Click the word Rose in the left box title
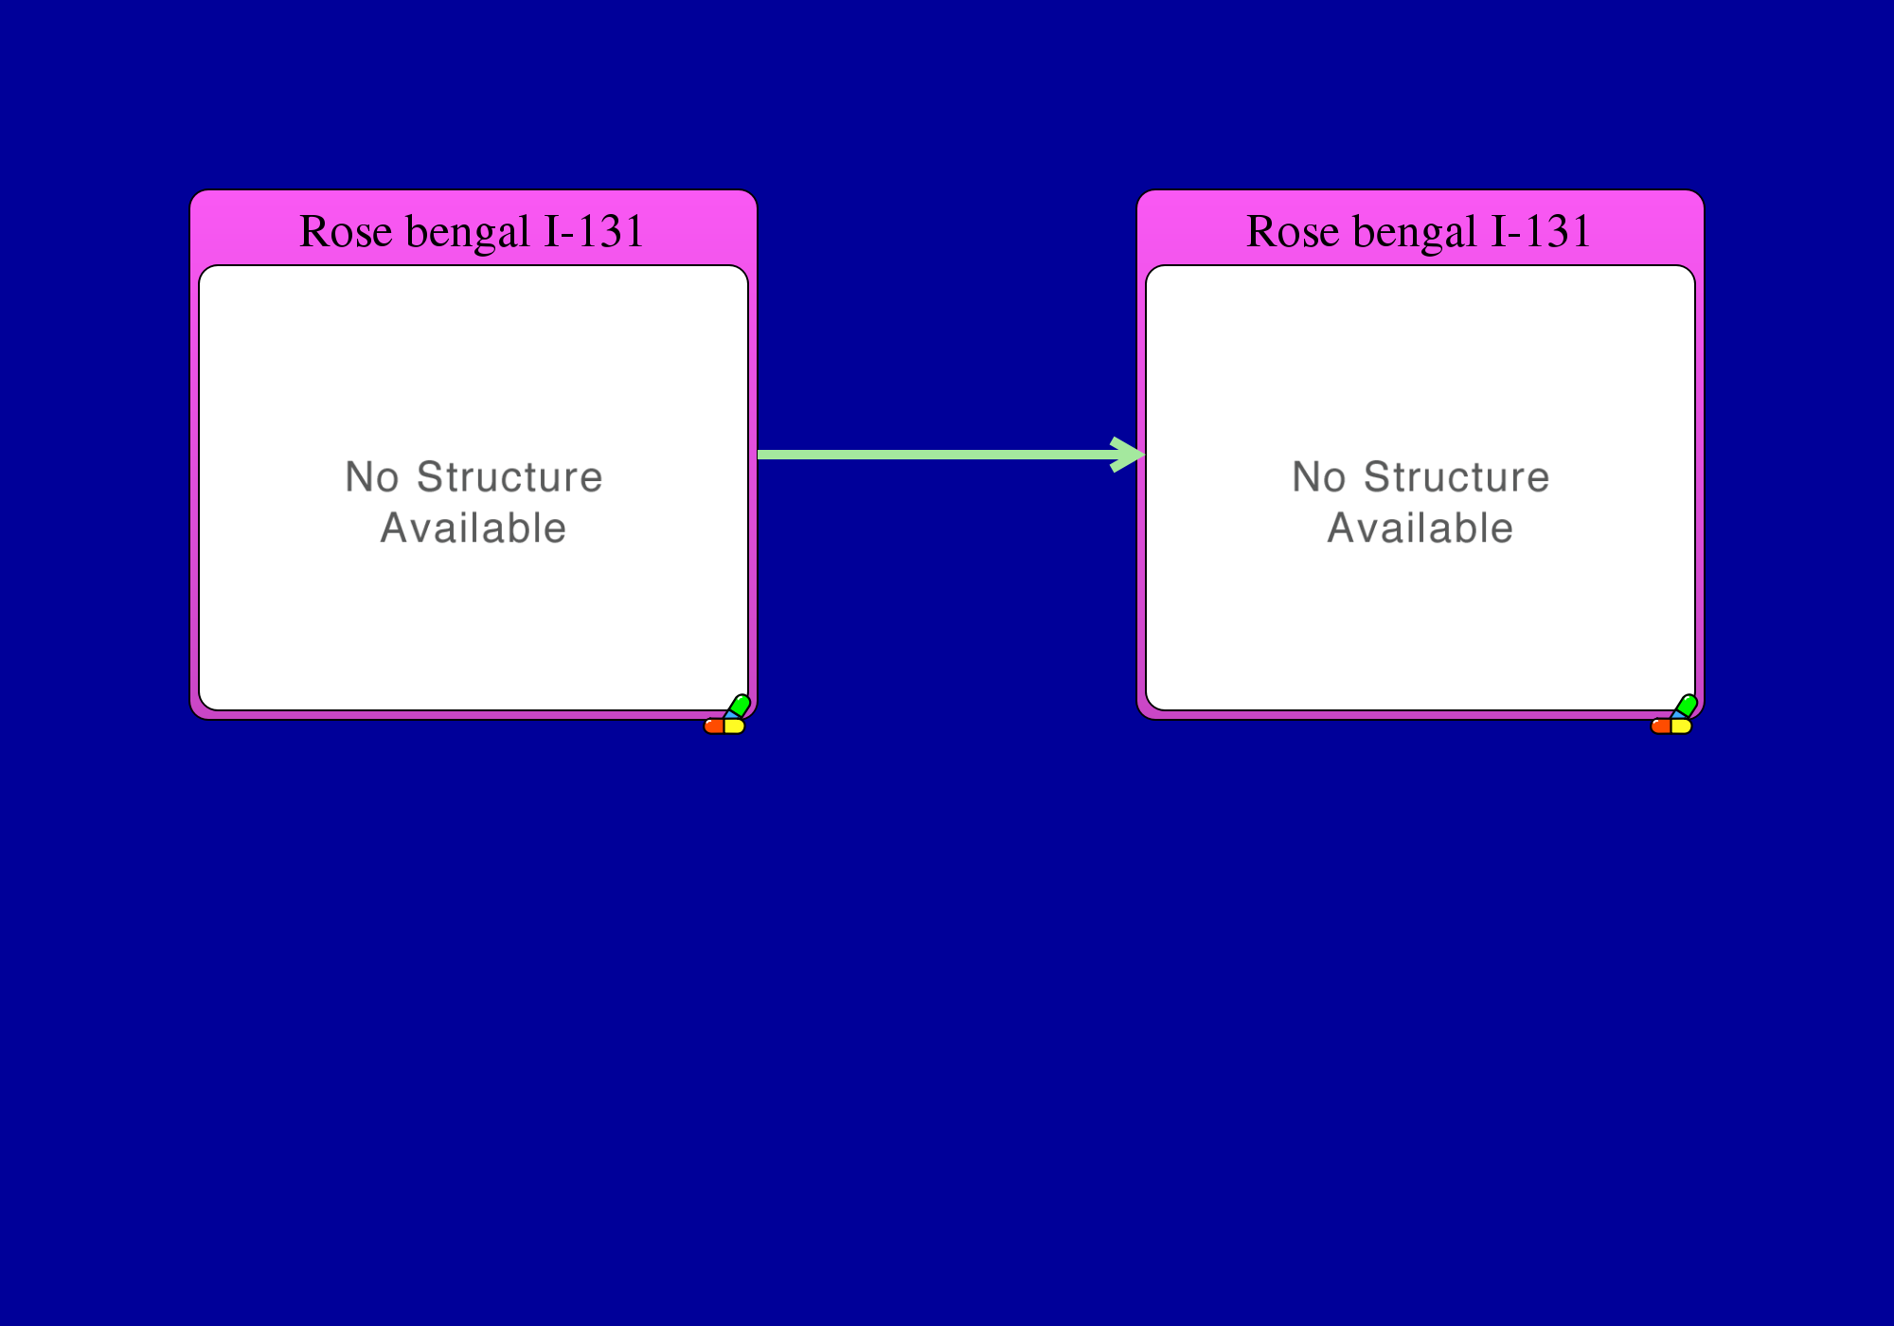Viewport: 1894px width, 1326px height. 346,232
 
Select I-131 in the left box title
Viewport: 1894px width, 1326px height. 594,232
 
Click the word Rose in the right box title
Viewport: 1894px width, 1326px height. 1293,232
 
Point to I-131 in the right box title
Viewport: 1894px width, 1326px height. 1541,232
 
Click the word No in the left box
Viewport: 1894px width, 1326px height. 372,477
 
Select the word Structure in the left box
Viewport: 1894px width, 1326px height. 509,477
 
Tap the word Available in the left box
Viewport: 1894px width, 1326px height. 473,529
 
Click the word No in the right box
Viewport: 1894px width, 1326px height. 1319,477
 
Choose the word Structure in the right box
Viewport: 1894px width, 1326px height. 1456,477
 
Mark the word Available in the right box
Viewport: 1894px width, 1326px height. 1420,529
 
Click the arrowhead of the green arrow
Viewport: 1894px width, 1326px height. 1130,455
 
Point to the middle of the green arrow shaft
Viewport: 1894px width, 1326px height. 938,455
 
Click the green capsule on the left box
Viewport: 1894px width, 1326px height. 740,706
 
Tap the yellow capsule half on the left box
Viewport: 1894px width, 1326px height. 735,726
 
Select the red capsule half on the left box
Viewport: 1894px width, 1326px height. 714,726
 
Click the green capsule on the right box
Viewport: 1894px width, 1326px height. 1687,706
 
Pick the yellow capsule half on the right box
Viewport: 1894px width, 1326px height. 1682,726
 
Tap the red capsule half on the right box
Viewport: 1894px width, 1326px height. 1661,726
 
